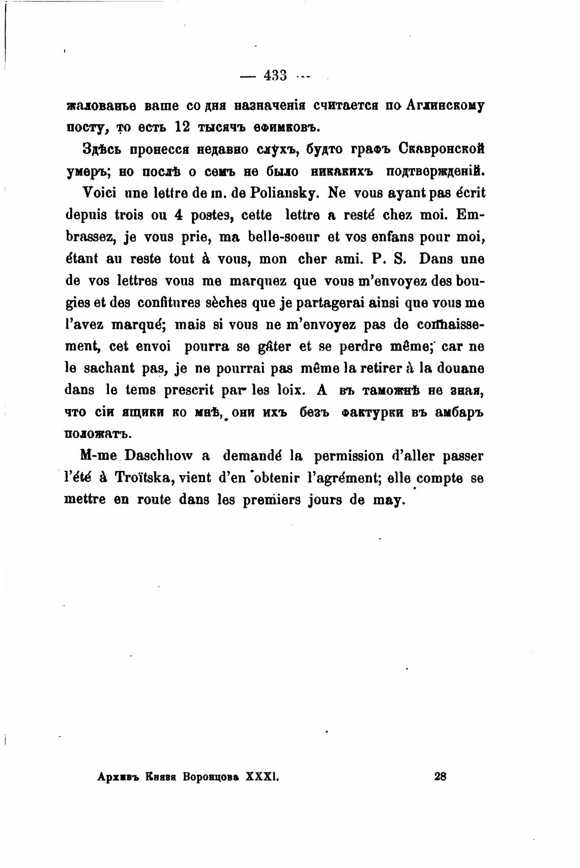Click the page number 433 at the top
pyautogui.click(x=275, y=76)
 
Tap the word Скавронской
pyautogui.click(x=441, y=149)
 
